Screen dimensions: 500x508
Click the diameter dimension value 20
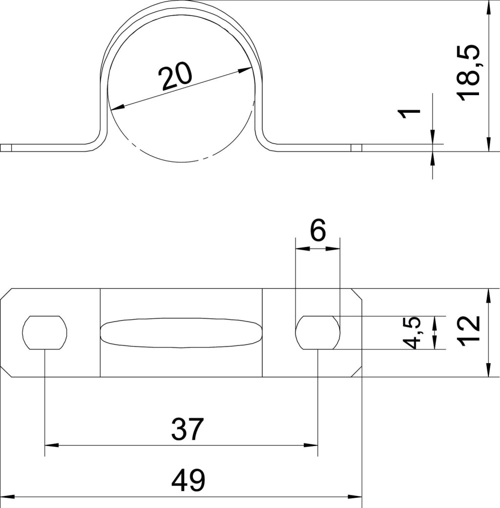(175, 77)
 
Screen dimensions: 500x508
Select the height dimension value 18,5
(468, 73)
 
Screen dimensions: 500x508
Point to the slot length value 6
(318, 230)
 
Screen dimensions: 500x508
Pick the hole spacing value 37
(187, 429)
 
